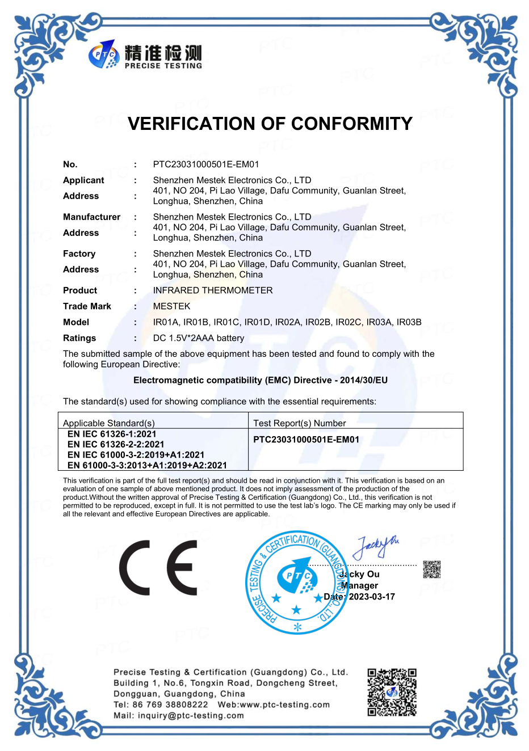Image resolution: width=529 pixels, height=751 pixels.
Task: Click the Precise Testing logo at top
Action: tap(145, 55)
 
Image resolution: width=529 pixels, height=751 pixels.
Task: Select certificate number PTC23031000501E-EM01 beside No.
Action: tap(206, 164)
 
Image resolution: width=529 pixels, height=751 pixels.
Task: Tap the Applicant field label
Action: tap(83, 180)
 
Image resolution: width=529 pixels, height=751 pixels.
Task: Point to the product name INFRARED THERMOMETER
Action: tap(213, 290)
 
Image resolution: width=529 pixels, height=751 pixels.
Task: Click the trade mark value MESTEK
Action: tap(171, 306)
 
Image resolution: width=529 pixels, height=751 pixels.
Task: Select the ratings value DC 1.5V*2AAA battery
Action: tap(199, 338)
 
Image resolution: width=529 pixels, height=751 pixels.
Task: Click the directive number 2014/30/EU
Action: tap(364, 380)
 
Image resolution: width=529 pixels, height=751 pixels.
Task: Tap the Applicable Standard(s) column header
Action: tap(108, 423)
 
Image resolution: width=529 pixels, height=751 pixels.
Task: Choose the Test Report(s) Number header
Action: tap(299, 423)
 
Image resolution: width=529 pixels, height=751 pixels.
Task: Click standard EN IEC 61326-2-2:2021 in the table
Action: tap(116, 444)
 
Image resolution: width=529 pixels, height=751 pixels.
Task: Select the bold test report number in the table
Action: tap(306, 440)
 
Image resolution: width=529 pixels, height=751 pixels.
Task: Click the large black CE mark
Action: tap(158, 568)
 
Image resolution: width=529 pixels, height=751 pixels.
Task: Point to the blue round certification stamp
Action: tap(296, 583)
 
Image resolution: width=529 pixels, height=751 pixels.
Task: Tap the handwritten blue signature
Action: tap(375, 547)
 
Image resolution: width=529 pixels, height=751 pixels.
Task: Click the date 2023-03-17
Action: tap(372, 597)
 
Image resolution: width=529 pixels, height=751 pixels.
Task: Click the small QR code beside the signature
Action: tap(432, 569)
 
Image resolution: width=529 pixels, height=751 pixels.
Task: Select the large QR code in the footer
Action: tap(392, 692)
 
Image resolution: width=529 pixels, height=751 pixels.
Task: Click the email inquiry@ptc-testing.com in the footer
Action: tap(191, 716)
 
